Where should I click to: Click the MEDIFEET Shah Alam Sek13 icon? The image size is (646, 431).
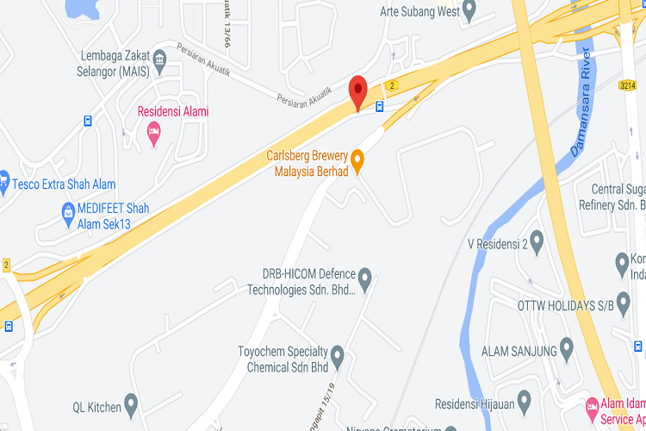click(67, 211)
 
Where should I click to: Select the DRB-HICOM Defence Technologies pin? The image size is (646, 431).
click(364, 279)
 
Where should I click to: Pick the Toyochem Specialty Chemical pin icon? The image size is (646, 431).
click(338, 355)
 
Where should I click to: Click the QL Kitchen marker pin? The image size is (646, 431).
click(131, 403)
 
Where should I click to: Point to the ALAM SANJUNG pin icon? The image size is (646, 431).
click(566, 349)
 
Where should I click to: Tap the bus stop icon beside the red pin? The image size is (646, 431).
click(379, 107)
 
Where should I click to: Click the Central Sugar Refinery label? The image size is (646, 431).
click(618, 197)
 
